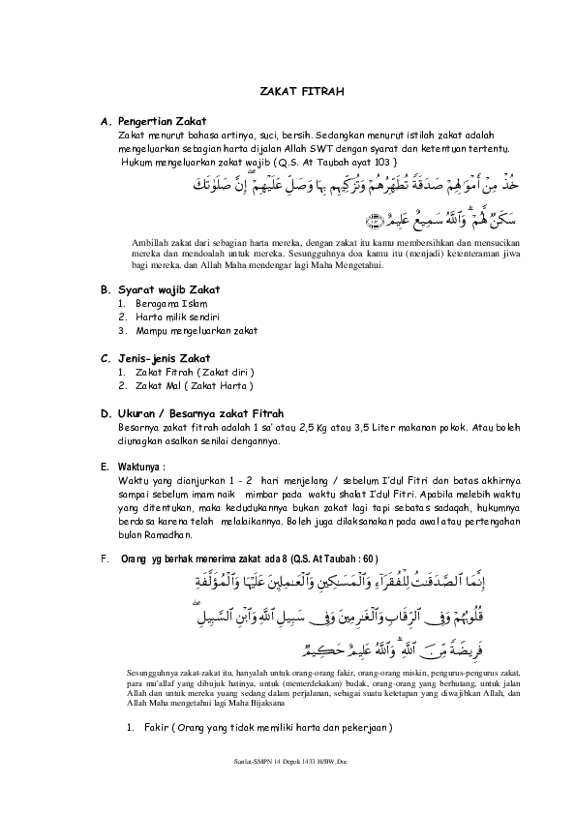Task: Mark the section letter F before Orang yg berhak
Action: pyautogui.click(x=104, y=559)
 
